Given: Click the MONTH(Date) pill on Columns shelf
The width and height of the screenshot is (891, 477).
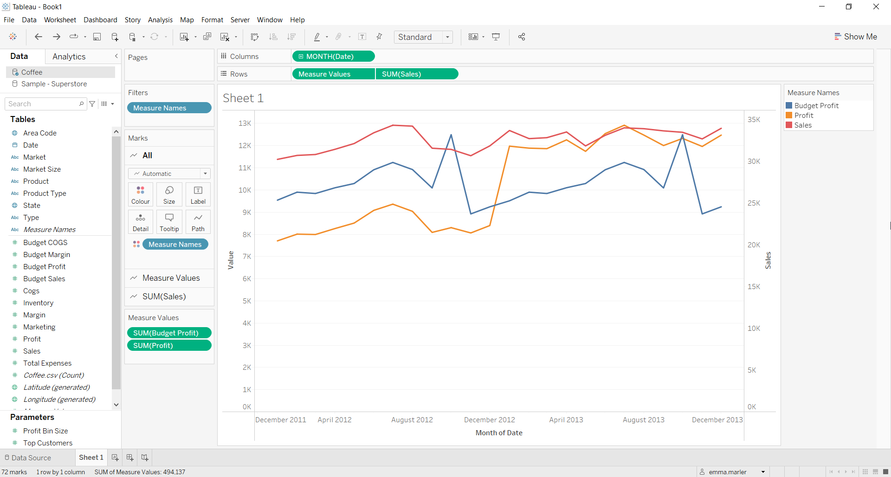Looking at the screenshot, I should click(x=333, y=57).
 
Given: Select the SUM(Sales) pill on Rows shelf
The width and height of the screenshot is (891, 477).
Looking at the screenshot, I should click(x=416, y=74).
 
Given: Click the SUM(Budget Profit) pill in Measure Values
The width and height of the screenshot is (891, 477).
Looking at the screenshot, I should click(x=168, y=333).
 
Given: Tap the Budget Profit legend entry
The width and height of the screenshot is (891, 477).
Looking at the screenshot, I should click(x=816, y=106).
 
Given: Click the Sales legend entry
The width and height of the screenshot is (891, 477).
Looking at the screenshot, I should click(x=802, y=125).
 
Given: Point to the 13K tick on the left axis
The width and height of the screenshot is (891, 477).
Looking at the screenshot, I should click(x=245, y=123).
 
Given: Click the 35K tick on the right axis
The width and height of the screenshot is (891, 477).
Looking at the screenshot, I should click(x=754, y=120).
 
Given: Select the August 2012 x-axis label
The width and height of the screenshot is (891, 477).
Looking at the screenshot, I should click(x=412, y=420).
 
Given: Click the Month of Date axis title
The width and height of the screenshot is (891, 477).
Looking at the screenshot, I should click(x=499, y=433).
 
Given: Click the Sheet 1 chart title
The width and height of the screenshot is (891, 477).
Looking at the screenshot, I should click(x=243, y=98).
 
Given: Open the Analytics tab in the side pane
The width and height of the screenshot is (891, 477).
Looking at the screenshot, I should click(x=69, y=57).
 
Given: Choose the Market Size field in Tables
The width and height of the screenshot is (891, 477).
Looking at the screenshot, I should click(x=42, y=169).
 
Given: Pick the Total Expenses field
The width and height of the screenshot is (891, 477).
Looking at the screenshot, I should click(x=47, y=363).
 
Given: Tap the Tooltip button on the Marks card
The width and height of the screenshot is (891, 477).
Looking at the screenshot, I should click(x=169, y=222).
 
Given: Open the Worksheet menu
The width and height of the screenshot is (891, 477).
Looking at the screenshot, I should click(x=60, y=20).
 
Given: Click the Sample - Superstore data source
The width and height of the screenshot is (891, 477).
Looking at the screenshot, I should click(x=54, y=84).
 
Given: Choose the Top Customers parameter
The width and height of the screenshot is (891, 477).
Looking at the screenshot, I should click(x=48, y=443).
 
